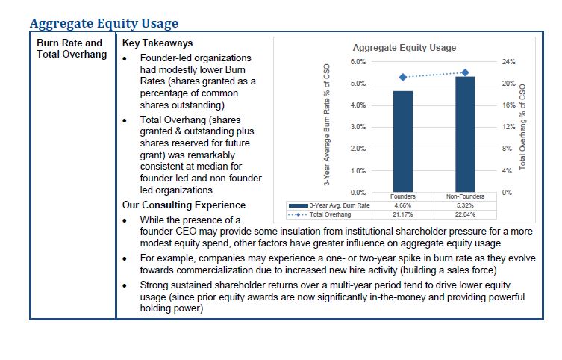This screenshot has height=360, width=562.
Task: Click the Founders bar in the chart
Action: click(x=403, y=142)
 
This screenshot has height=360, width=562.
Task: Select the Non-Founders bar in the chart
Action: click(x=465, y=134)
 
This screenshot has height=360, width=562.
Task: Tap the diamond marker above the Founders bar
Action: click(x=403, y=77)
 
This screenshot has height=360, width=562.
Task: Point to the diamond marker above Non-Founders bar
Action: click(x=465, y=72)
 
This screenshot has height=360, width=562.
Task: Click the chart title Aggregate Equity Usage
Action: click(x=405, y=48)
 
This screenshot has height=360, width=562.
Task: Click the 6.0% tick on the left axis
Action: click(x=358, y=62)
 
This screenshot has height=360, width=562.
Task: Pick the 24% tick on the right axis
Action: click(x=508, y=62)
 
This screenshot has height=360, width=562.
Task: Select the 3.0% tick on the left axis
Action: click(x=358, y=127)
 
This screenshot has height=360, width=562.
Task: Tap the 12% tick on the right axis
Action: click(x=508, y=127)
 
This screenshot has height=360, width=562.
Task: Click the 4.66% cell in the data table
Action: click(x=403, y=205)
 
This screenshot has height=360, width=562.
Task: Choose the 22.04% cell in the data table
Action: click(x=465, y=214)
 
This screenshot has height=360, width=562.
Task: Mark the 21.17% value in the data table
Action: click(x=403, y=214)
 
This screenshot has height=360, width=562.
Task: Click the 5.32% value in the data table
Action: click(x=465, y=205)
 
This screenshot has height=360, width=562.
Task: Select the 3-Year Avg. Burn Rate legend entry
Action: click(x=329, y=205)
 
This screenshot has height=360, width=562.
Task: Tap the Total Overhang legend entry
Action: click(x=319, y=214)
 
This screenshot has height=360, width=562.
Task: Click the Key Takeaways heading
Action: click(x=157, y=43)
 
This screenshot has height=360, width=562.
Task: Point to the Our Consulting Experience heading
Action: click(x=184, y=205)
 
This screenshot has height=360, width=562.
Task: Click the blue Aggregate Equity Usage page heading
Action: click(x=104, y=23)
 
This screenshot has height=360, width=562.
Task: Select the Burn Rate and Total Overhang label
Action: click(x=72, y=49)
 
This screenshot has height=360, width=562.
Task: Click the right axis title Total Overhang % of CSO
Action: click(x=522, y=127)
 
